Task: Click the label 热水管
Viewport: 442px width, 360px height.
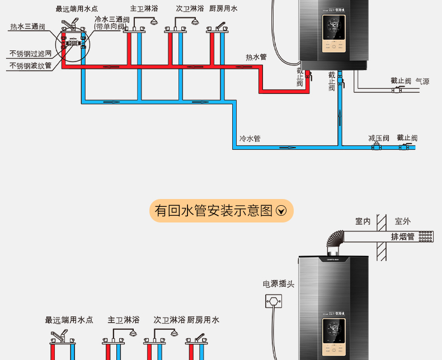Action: click(256, 57)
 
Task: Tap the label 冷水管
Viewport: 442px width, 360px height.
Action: click(250, 139)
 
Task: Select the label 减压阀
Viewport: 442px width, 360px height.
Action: click(379, 138)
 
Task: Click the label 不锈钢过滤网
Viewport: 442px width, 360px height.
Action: click(30, 54)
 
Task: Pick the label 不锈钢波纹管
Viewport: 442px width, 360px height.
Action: click(30, 66)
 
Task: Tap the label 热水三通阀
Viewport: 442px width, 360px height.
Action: click(27, 27)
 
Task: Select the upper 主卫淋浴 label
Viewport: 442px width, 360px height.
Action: click(144, 9)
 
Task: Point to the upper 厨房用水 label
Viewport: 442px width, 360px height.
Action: click(223, 9)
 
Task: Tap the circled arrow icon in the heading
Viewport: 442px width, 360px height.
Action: click(281, 211)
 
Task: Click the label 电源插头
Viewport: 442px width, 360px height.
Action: click(279, 284)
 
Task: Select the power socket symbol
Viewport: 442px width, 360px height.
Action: click(274, 302)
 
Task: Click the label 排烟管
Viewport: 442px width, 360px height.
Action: click(403, 236)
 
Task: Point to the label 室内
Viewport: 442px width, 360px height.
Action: click(363, 221)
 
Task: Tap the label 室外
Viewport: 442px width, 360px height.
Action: click(403, 221)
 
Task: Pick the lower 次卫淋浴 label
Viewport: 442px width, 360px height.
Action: click(169, 320)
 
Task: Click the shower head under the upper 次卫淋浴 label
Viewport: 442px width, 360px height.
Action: click(195, 22)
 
